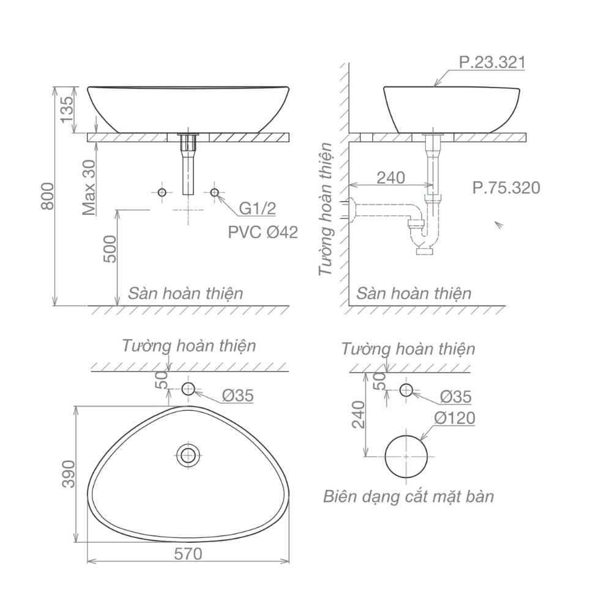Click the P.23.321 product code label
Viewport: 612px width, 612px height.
pyautogui.click(x=491, y=63)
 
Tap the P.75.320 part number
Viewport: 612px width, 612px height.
pyautogui.click(x=506, y=187)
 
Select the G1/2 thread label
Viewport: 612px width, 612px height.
pyautogui.click(x=257, y=209)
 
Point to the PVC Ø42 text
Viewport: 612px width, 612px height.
pyautogui.click(x=263, y=232)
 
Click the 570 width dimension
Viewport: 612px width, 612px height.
pyautogui.click(x=188, y=554)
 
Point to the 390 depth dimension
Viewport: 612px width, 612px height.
pyautogui.click(x=68, y=474)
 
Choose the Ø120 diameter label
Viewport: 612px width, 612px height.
pyautogui.click(x=455, y=418)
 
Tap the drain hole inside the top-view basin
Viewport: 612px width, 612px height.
pyautogui.click(x=188, y=455)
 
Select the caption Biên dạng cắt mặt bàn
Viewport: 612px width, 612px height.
pyautogui.click(x=408, y=496)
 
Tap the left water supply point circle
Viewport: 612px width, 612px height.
pyautogui.click(x=162, y=193)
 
